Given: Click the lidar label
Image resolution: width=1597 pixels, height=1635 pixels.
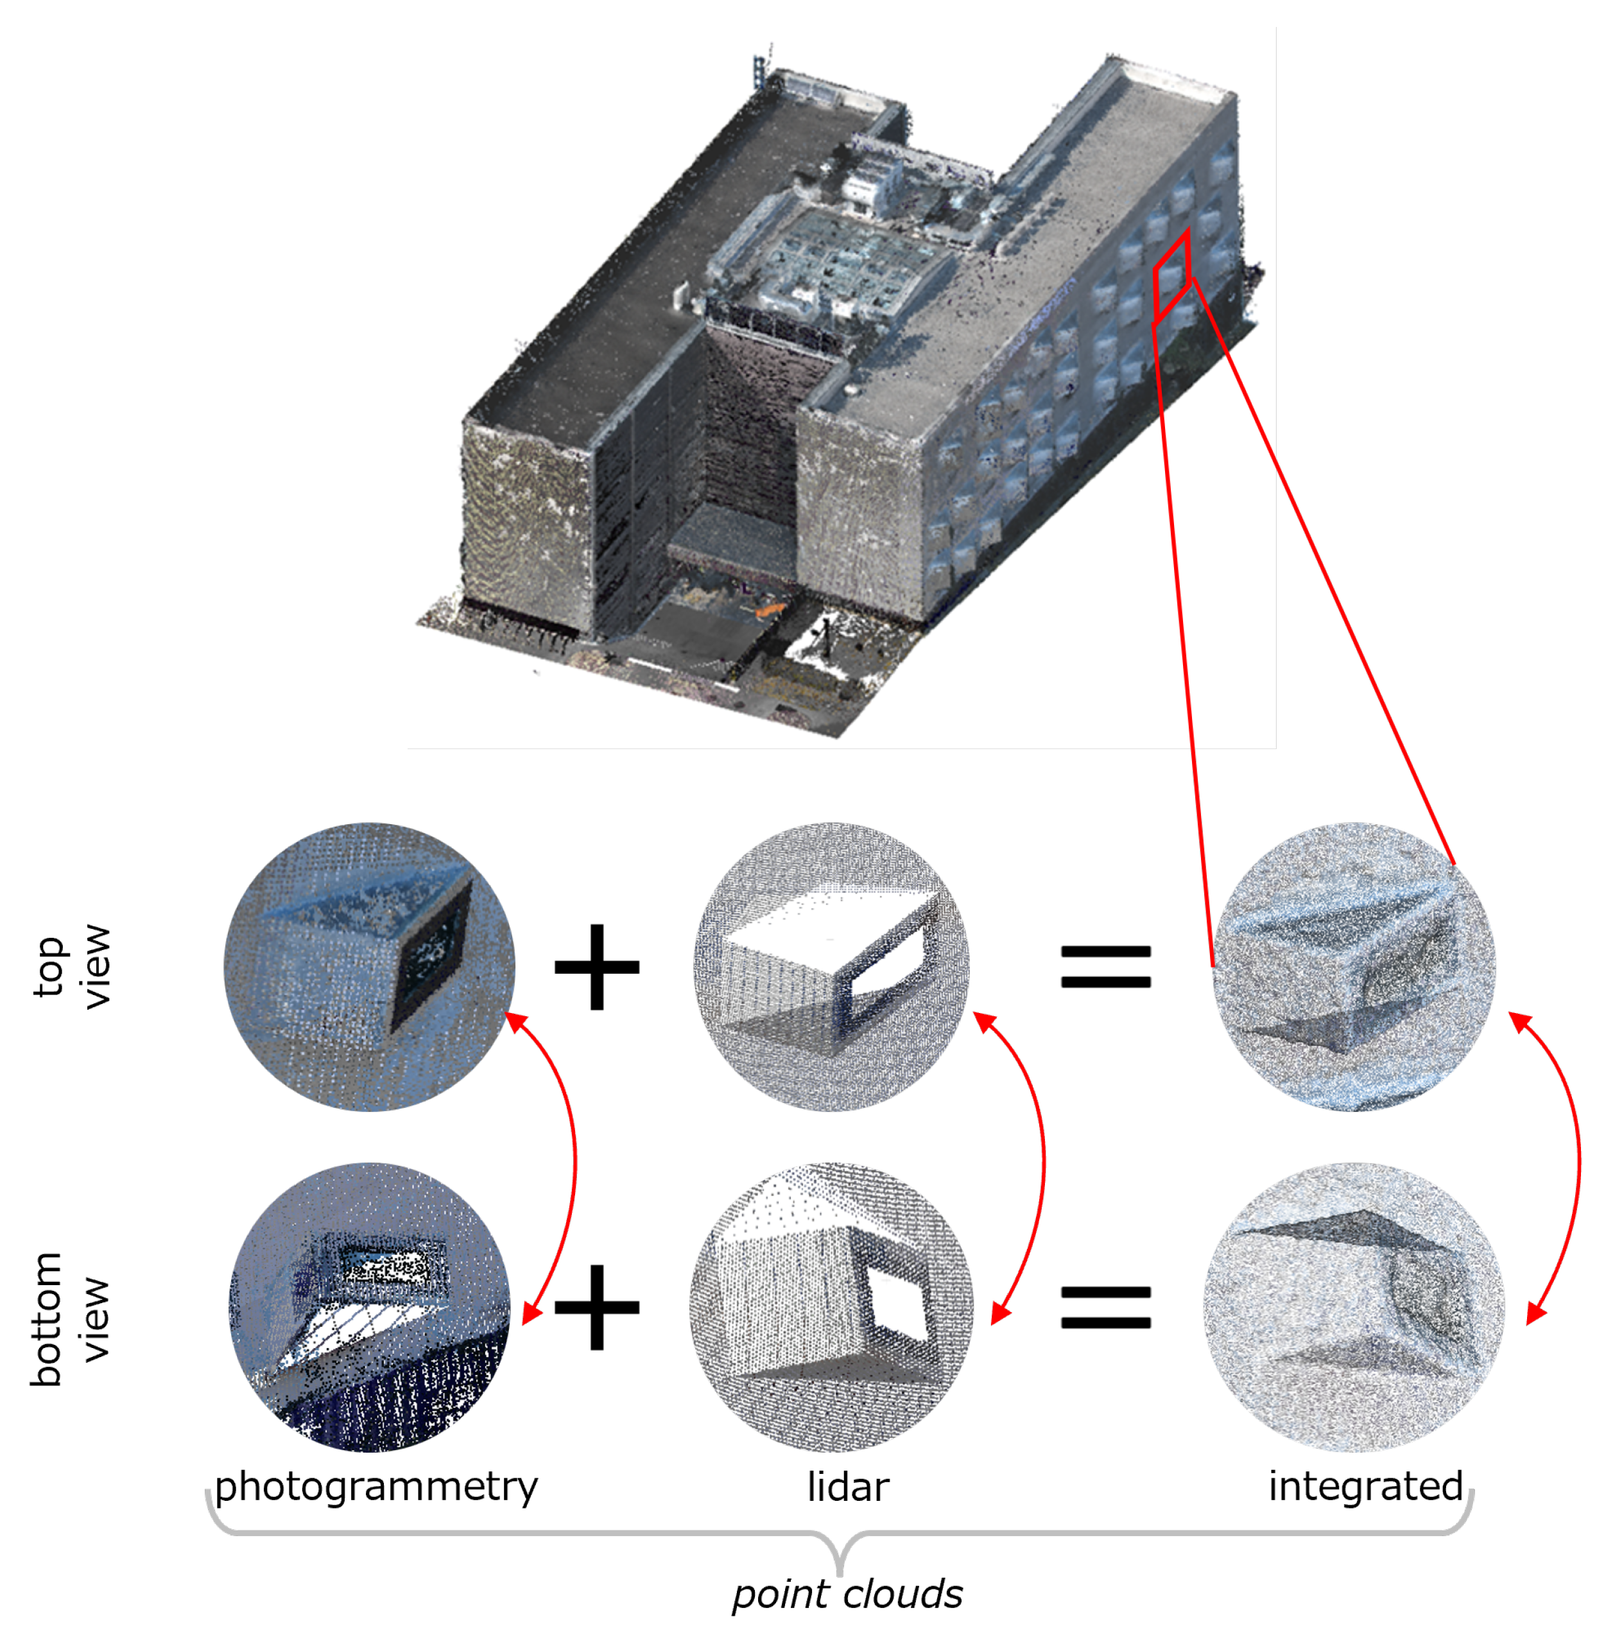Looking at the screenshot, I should [847, 1487].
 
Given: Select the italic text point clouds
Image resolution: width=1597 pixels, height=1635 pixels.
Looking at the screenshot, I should [847, 1593].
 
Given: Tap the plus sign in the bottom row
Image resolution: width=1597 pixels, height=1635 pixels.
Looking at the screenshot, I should [596, 1306].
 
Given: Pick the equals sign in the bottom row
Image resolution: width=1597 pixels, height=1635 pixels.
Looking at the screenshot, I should [1105, 1307].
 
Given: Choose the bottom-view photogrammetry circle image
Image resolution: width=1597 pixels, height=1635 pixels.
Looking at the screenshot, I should [370, 1306].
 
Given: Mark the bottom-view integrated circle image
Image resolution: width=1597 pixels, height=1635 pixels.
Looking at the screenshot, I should [1354, 1306].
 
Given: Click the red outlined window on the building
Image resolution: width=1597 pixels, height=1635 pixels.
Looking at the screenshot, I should [1171, 275].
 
